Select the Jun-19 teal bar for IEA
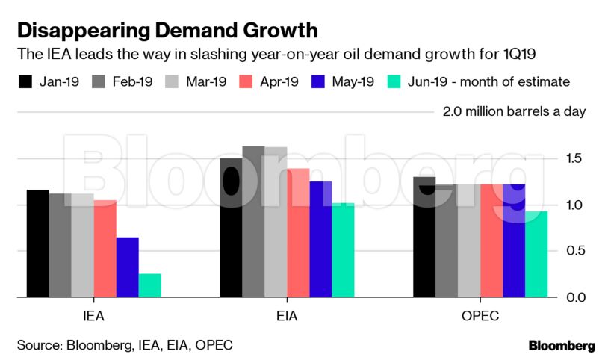click(x=149, y=285)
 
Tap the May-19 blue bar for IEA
click(x=127, y=267)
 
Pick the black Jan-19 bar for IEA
click(x=37, y=243)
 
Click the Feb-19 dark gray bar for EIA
click(x=253, y=222)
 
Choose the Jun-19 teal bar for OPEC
click(x=536, y=254)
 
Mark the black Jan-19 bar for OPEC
click(x=424, y=238)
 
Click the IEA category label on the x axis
click(x=93, y=316)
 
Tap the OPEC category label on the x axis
click(x=480, y=316)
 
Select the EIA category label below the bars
click(x=287, y=316)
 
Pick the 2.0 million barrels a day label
click(x=514, y=112)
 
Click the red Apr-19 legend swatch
click(x=249, y=81)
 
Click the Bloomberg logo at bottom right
click(x=562, y=346)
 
